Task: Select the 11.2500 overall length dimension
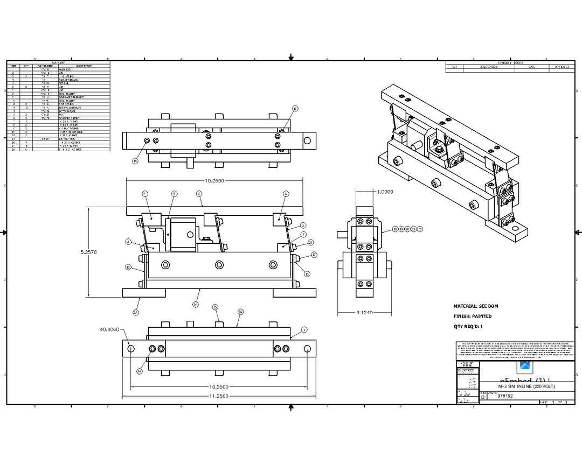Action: [218, 396]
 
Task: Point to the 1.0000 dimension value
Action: [385, 192]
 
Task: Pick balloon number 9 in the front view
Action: [174, 193]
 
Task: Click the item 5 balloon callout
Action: [199, 193]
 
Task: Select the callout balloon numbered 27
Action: [311, 243]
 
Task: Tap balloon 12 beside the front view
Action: [128, 267]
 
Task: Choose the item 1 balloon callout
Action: [304, 329]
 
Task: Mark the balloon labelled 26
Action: [139, 371]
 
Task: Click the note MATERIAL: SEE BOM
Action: [476, 306]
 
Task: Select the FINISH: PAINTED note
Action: [473, 316]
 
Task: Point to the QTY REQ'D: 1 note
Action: [468, 326]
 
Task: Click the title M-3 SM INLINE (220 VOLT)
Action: [526, 387]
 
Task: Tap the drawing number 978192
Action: [505, 396]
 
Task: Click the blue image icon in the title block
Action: [525, 367]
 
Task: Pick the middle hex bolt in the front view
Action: [219, 265]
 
